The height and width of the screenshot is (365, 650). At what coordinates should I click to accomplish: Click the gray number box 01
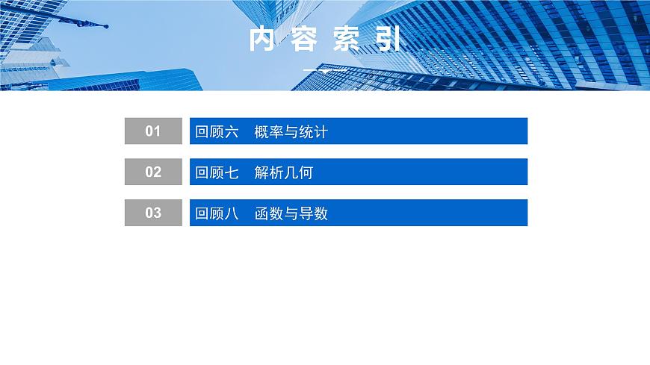point(153,131)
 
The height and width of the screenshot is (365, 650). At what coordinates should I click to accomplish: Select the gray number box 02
point(153,172)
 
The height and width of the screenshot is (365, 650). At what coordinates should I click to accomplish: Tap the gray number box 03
point(153,213)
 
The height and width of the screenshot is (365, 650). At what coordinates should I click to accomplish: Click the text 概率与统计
point(291,132)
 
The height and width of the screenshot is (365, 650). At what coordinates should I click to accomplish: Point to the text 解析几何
point(283,173)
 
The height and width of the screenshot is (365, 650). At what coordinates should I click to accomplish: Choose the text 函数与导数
point(291,214)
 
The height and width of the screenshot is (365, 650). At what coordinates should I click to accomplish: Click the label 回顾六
point(217,132)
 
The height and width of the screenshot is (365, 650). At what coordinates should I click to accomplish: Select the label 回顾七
point(217,173)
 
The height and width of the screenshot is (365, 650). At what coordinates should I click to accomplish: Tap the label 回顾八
point(217,214)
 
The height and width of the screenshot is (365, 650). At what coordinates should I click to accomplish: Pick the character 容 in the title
point(304,40)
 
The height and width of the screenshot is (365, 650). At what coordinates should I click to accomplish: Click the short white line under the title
point(324,69)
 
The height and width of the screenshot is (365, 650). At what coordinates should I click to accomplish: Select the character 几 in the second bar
point(291,173)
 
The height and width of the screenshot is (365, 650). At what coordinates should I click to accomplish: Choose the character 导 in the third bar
point(306,214)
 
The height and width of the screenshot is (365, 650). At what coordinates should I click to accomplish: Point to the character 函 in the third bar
point(261,214)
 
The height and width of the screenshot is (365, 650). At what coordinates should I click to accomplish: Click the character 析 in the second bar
point(276,173)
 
